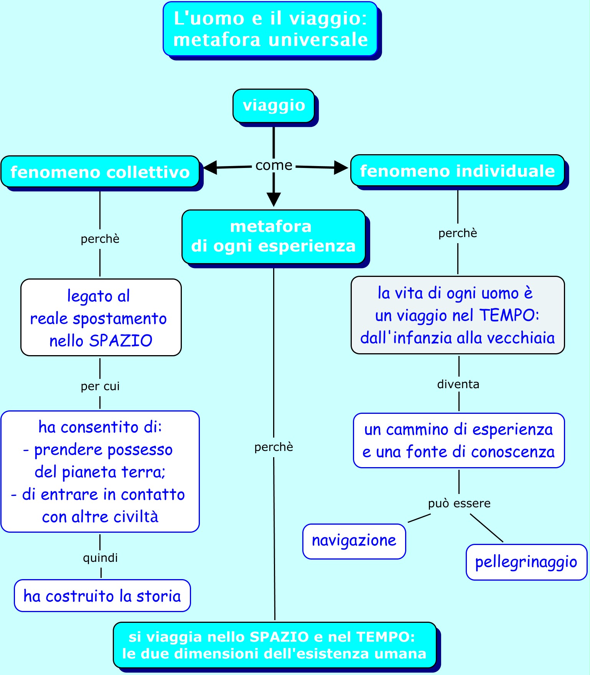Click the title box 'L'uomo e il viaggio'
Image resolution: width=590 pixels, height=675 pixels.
click(270, 29)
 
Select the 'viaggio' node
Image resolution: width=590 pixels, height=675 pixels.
click(274, 105)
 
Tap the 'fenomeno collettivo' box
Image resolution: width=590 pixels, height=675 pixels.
click(100, 172)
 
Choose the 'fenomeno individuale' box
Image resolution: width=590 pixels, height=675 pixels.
click(457, 171)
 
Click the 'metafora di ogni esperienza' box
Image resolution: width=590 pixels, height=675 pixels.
click(274, 236)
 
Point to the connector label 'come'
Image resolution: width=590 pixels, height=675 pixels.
click(274, 165)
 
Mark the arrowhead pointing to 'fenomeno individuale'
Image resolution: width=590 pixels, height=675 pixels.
click(341, 167)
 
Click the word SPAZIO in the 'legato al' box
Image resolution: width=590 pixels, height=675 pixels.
click(120, 341)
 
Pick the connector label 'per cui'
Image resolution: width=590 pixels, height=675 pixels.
click(100, 386)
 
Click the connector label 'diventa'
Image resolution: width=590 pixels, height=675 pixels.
click(458, 384)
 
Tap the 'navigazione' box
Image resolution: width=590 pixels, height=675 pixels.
click(354, 541)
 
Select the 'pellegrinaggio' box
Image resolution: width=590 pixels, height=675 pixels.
click(526, 562)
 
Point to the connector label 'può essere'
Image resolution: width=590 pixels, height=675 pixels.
click(459, 503)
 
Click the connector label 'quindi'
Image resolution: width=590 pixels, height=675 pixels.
click(100, 558)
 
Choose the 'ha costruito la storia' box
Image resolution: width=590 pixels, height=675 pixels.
click(102, 596)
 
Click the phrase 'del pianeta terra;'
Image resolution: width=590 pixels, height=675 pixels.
click(100, 472)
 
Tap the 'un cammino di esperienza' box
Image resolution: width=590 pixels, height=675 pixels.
click(458, 440)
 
